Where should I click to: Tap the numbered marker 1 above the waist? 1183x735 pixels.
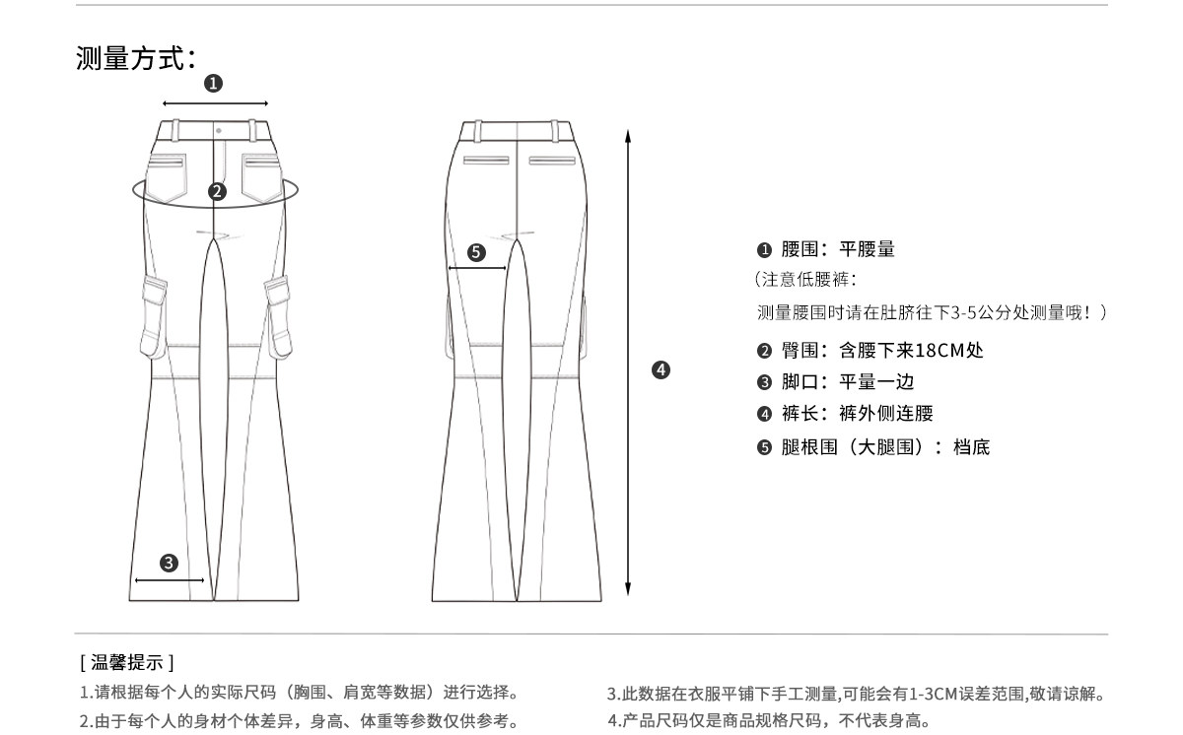click(x=213, y=84)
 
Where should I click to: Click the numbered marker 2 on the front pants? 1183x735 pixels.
click(x=218, y=191)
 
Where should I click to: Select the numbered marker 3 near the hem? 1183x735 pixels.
click(x=169, y=563)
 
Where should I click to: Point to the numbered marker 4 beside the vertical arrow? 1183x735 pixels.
click(x=661, y=370)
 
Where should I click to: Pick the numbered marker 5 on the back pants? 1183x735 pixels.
click(x=477, y=252)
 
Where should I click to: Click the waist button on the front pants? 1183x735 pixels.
click(x=218, y=129)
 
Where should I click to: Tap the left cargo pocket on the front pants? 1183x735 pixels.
click(x=155, y=315)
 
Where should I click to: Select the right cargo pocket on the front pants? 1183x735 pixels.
click(x=279, y=315)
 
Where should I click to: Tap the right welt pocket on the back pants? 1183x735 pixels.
click(x=551, y=160)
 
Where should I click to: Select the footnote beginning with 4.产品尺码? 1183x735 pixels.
click(x=769, y=720)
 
